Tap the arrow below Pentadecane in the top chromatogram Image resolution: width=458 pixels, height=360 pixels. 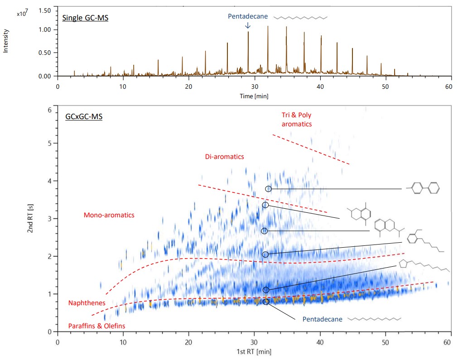(247, 26)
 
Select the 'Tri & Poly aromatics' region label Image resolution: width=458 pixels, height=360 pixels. (297, 119)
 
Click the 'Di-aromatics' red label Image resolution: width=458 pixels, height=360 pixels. (224, 157)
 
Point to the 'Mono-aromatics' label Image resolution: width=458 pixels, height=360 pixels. (109, 216)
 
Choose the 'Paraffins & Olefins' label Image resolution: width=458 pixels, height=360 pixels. (96, 326)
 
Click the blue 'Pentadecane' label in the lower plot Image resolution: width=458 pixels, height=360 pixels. (321, 319)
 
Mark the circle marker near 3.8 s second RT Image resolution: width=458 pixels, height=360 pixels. (268, 189)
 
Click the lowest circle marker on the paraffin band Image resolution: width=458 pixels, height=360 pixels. (266, 302)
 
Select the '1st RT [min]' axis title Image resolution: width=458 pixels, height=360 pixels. (254, 351)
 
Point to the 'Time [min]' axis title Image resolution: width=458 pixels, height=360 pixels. (254, 96)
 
